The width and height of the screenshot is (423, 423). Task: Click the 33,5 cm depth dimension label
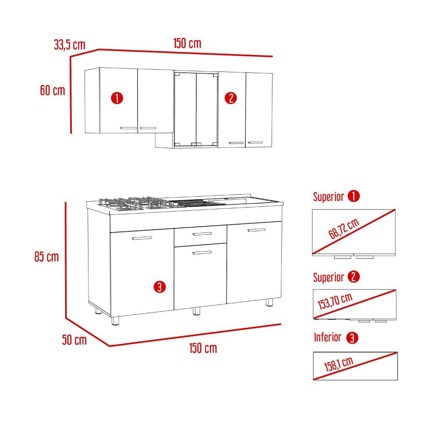point(70,44)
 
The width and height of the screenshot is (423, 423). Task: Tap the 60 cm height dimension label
point(53,90)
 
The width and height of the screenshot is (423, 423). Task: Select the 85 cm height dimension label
point(47,257)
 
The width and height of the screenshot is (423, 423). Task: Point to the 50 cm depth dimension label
point(74,340)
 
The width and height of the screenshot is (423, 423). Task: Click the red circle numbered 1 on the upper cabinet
point(117,98)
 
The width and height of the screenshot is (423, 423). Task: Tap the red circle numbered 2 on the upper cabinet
point(231,98)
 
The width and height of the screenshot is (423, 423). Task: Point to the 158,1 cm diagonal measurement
point(339,364)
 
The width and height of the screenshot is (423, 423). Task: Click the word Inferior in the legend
point(327,337)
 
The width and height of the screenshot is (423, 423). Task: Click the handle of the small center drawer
point(202,233)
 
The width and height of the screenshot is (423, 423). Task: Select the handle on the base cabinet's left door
point(142,239)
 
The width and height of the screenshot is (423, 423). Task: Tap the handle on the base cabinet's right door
point(256,230)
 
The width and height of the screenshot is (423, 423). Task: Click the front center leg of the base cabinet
point(196,311)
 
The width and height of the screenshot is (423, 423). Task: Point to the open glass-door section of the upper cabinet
point(196,109)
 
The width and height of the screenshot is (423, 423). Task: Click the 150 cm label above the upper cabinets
point(187,43)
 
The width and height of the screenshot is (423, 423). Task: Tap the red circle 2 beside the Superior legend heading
point(354,277)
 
